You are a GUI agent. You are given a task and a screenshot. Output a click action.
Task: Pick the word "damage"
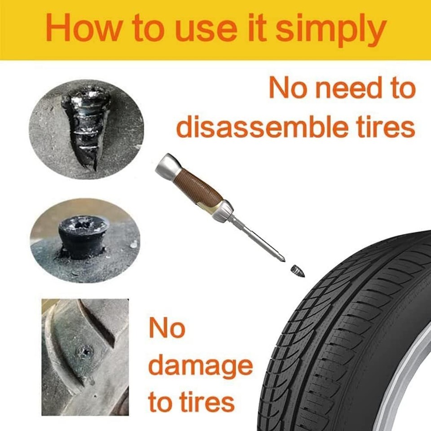point(200,366)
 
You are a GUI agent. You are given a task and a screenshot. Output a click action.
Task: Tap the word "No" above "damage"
point(167,329)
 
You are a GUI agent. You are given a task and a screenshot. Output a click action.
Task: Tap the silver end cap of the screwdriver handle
point(166,166)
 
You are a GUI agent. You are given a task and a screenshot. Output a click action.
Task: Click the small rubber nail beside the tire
point(298,271)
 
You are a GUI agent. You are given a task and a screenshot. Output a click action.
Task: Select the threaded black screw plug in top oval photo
point(88,126)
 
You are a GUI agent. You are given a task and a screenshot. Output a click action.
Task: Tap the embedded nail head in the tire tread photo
point(84,352)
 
